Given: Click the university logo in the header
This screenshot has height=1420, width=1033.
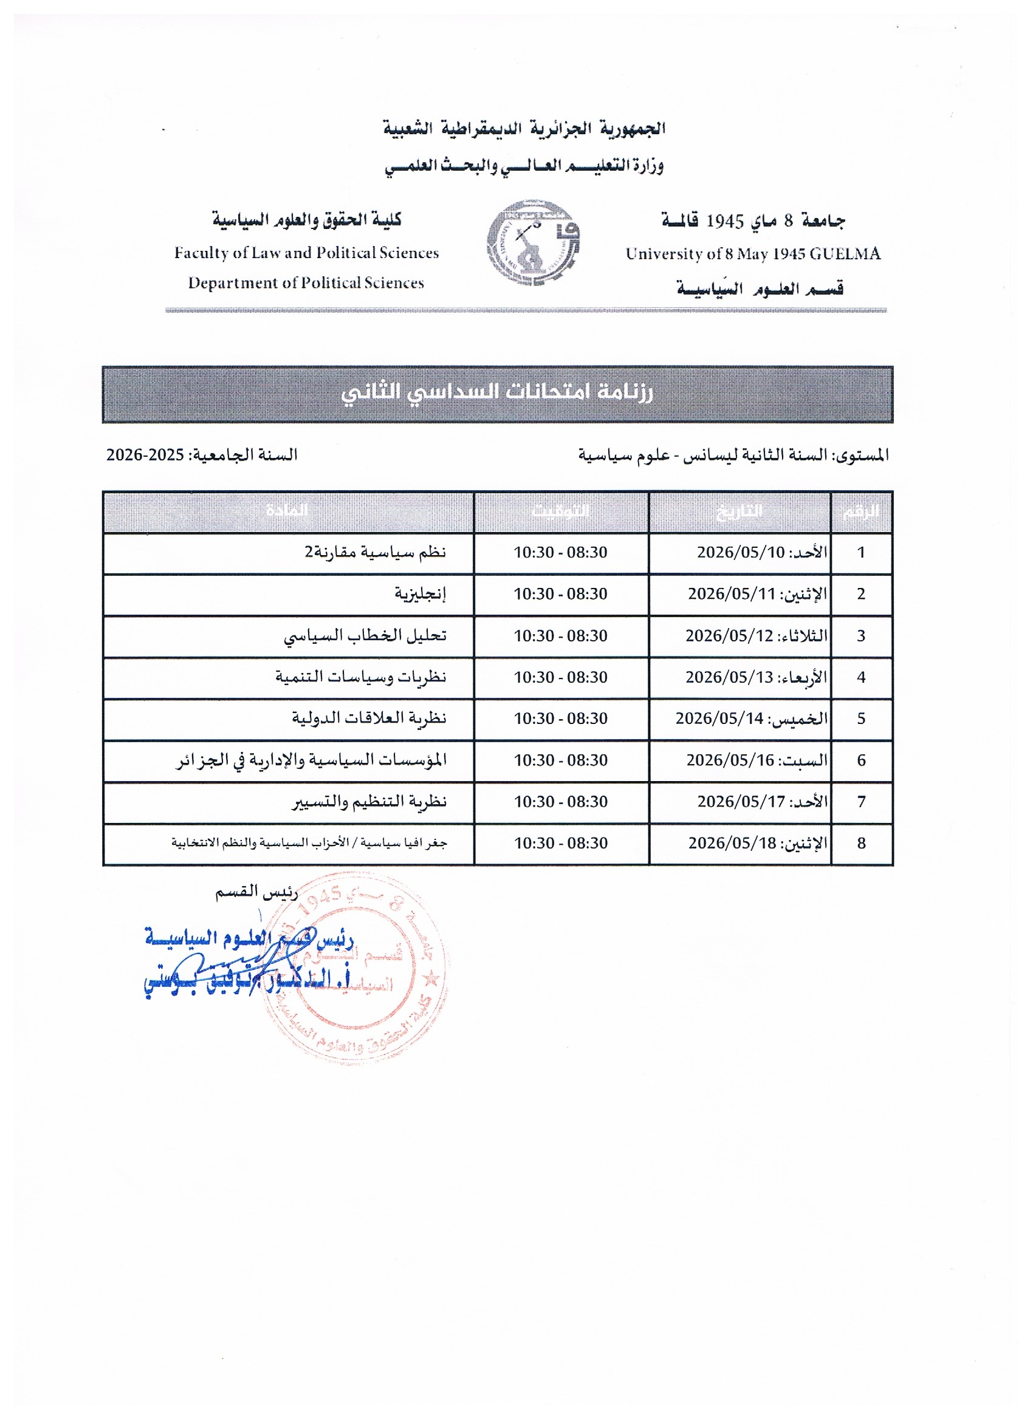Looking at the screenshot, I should pyautogui.click(x=533, y=243).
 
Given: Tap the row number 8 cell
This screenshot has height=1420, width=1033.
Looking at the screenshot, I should pyautogui.click(x=862, y=844).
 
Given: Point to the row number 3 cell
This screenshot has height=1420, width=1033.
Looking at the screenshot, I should pyautogui.click(x=862, y=635).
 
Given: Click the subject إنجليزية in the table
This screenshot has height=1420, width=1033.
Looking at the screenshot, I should pyautogui.click(x=420, y=593).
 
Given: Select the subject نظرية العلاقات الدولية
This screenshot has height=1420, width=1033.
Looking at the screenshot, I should pyautogui.click(x=369, y=718).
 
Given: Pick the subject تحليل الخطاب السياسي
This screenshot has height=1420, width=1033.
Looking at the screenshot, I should pyautogui.click(x=365, y=635).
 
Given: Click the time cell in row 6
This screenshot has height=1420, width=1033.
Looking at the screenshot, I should pyautogui.click(x=561, y=760).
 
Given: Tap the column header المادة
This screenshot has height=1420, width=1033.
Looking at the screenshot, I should pyautogui.click(x=287, y=511).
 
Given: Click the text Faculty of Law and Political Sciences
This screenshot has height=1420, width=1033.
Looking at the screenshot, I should pyautogui.click(x=306, y=253).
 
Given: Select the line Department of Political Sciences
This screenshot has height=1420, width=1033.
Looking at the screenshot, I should pyautogui.click(x=306, y=283).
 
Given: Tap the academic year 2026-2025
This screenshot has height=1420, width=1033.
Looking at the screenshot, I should pyautogui.click(x=145, y=454).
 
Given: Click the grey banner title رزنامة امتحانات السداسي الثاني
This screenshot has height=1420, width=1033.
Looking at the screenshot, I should pyautogui.click(x=498, y=392).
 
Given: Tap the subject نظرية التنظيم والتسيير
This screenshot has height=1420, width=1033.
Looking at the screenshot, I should pyautogui.click(x=369, y=802).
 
